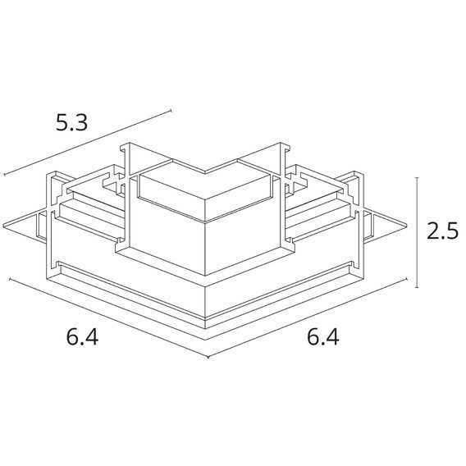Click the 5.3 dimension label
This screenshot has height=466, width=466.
click(72, 123)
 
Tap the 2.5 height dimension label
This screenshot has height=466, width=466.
click(441, 231)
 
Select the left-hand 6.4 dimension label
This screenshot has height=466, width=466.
click(80, 337)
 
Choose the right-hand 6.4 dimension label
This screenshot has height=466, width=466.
click(322, 337)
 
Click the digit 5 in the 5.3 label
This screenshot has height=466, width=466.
click(62, 123)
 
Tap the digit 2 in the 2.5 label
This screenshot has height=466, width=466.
click(432, 231)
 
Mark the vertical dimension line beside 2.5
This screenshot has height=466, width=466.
click(418, 232)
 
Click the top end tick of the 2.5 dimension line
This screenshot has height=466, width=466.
click(418, 177)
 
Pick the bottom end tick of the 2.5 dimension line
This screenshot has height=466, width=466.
click(418, 287)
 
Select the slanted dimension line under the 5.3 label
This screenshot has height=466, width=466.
click(87, 143)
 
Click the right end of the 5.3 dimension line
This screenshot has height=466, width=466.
click(171, 110)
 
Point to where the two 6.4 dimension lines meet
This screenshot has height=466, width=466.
click(209, 358)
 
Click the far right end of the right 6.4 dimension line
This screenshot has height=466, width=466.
click(408, 279)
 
